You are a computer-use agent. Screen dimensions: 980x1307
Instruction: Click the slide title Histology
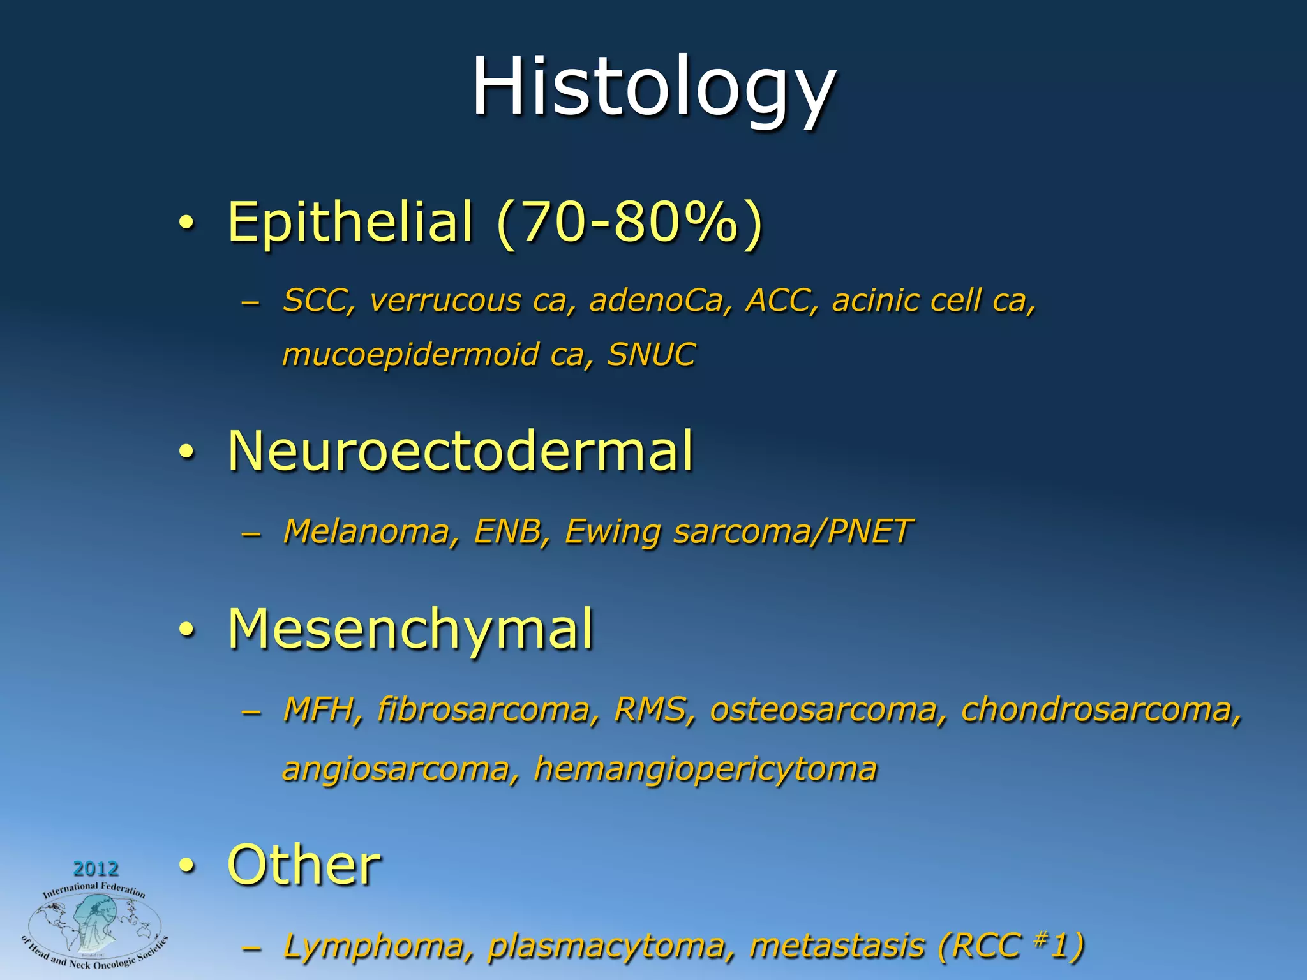(653, 87)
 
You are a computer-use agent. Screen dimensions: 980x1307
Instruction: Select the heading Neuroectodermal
(460, 451)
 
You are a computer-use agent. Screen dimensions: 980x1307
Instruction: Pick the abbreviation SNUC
(651, 355)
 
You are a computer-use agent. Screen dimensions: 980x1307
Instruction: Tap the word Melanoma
(367, 531)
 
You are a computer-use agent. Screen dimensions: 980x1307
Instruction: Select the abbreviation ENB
(507, 531)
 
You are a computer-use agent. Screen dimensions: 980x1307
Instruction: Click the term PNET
(870, 531)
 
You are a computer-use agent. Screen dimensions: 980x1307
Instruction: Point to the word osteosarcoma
(823, 709)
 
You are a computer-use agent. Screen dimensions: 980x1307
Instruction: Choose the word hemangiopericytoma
(705, 769)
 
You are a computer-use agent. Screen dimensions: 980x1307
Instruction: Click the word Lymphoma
(373, 946)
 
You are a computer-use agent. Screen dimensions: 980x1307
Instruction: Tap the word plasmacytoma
(606, 946)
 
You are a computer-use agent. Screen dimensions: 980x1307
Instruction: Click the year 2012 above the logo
(96, 868)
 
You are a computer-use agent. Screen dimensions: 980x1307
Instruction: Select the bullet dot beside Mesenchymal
(185, 630)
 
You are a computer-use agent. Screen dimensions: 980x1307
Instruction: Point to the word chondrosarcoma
(1101, 709)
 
